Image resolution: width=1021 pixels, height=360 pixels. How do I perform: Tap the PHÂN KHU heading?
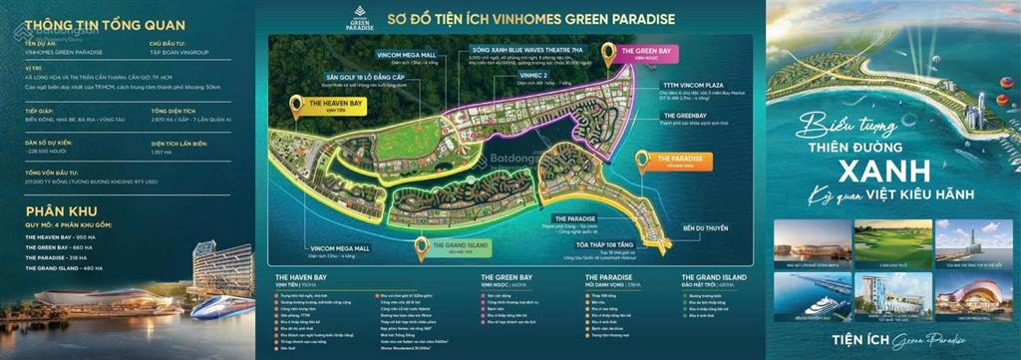point(57,211)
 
